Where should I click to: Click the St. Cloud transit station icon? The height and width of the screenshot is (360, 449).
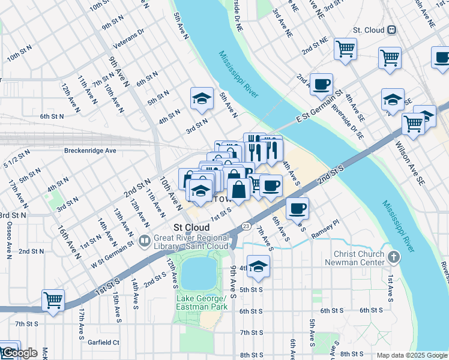point(392,29)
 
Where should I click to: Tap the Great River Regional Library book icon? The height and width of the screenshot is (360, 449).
point(144,241)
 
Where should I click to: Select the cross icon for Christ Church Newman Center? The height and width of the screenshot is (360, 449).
point(393,257)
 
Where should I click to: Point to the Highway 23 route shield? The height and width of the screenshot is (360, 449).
point(247,226)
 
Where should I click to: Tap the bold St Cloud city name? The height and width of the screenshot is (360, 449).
point(191,228)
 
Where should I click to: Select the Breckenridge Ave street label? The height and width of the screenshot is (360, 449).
point(90,151)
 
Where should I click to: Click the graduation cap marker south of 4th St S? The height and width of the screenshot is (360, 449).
point(258,266)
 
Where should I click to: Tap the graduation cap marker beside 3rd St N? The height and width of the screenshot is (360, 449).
point(202,98)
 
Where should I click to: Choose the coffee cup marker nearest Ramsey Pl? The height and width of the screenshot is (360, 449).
point(297,208)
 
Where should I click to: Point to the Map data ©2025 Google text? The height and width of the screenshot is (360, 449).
point(411,355)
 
